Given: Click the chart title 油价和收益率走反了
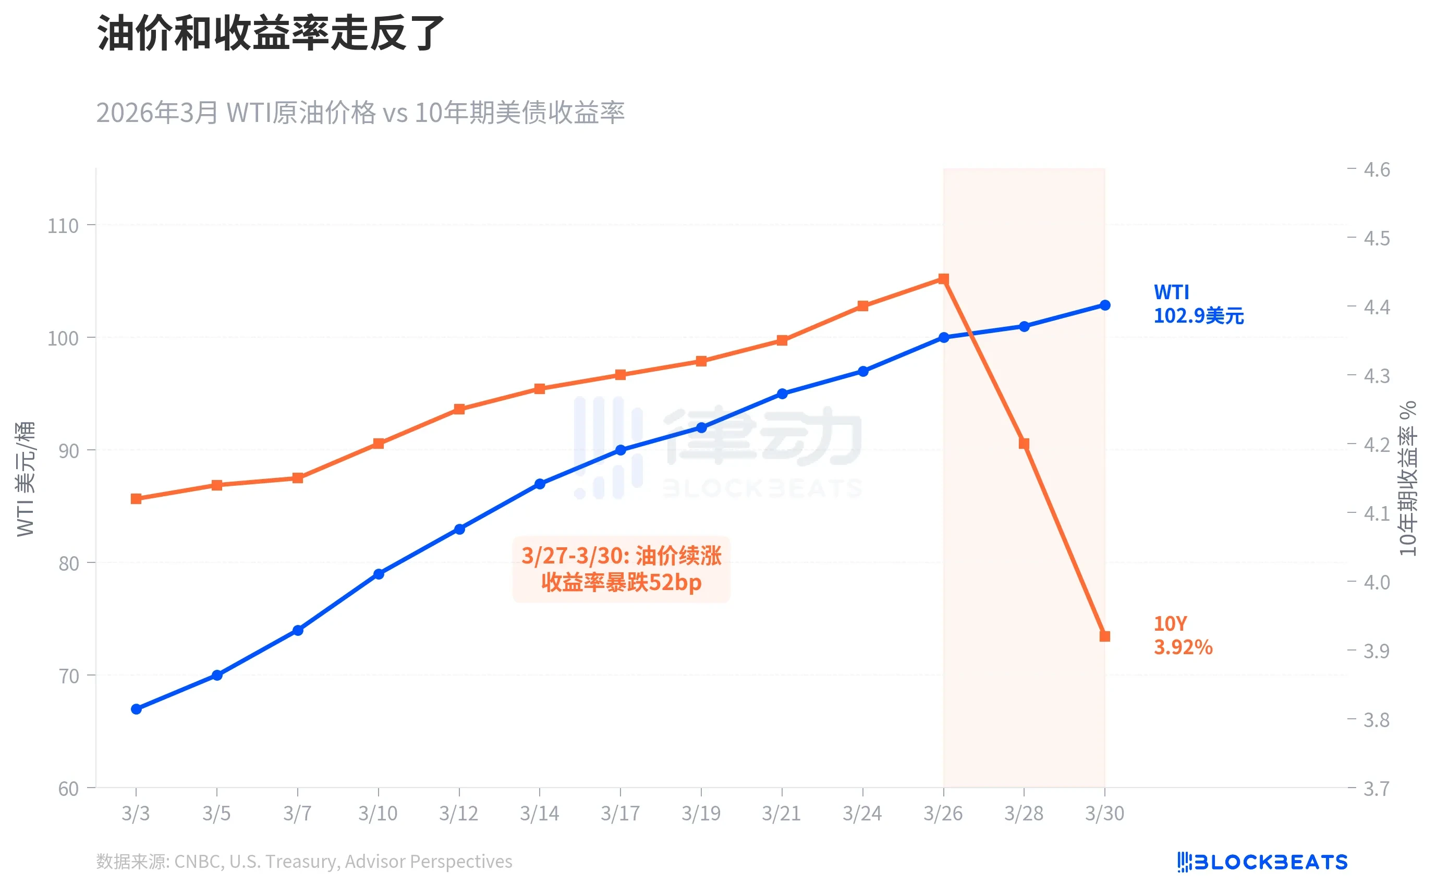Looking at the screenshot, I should click(270, 33).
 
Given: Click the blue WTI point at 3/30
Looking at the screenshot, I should click(1105, 305).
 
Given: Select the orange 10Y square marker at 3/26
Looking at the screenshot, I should click(943, 279).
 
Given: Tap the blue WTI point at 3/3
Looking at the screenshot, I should click(136, 709).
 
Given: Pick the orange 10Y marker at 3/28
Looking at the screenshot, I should click(1024, 443).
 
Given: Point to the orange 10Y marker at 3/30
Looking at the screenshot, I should click(1105, 636).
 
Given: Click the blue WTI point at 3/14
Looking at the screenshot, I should click(539, 484).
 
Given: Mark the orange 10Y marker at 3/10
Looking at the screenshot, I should click(378, 443).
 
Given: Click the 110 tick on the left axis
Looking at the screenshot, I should click(63, 226).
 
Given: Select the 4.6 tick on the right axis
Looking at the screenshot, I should click(1376, 170).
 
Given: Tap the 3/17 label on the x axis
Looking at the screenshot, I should click(620, 813).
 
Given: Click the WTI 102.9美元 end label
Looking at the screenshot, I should click(1198, 304).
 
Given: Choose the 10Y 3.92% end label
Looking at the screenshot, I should click(1183, 635).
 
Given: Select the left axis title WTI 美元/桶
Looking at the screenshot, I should click(26, 479).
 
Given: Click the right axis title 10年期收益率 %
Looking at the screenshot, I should click(1408, 479).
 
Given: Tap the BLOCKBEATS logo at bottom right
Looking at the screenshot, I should click(1262, 862).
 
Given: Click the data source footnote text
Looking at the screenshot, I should click(304, 861).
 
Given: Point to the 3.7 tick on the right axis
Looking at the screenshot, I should click(1376, 789).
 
